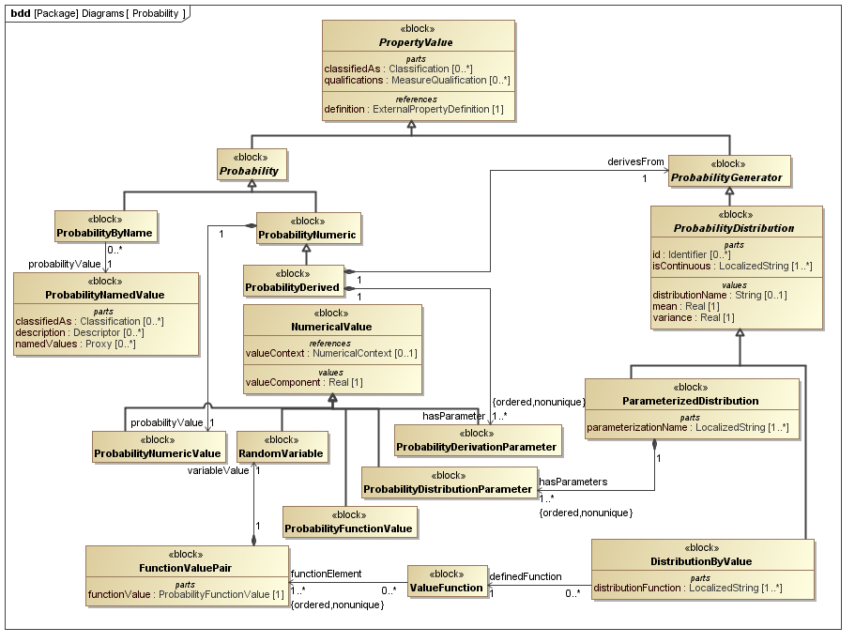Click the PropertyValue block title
click(416, 43)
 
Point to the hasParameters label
click(573, 482)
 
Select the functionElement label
click(326, 574)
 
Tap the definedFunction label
click(526, 576)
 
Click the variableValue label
click(218, 470)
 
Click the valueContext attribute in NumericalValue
click(331, 353)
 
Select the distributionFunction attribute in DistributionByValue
click(688, 589)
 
